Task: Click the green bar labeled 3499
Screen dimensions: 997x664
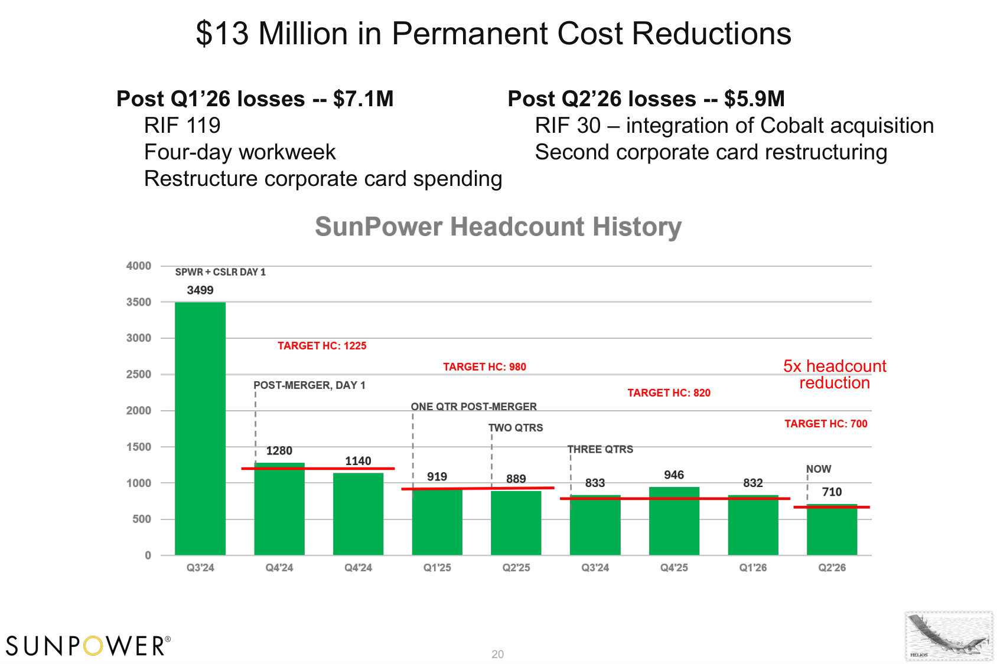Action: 200,429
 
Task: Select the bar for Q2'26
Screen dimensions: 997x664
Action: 832,529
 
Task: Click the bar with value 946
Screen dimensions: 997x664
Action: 674,521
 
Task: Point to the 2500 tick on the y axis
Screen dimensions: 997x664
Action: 138,374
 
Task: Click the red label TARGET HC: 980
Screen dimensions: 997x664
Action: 484,367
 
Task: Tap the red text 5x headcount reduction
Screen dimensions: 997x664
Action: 835,374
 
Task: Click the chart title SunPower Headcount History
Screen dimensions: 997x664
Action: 498,227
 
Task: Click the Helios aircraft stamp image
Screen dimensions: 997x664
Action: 949,636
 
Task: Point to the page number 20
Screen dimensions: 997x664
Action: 497,654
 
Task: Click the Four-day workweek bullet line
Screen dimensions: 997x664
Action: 239,152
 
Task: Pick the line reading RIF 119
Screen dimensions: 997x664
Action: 182,125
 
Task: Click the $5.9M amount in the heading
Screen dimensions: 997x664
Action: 754,99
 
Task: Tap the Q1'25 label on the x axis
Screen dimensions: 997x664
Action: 437,567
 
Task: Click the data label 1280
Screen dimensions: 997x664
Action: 279,450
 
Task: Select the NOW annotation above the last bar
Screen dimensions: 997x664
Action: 819,469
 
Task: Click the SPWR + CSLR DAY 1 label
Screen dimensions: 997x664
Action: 220,272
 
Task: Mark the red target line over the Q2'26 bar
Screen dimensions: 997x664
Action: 832,507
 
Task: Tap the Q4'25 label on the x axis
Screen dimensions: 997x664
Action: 674,567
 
